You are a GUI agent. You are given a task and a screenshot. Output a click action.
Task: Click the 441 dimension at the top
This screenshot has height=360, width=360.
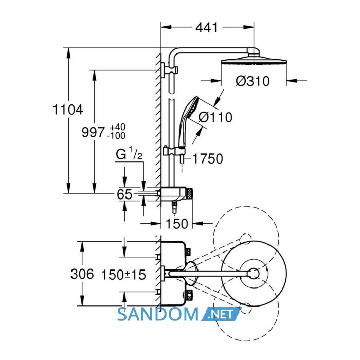[206, 28]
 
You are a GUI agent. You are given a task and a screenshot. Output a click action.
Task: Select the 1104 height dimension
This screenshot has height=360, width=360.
[68, 110]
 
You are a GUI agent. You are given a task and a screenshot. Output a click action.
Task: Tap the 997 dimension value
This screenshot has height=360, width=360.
[93, 132]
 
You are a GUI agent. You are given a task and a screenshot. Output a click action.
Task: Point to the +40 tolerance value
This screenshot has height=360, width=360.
[118, 127]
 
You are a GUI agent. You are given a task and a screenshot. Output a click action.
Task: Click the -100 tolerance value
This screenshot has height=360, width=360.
[116, 136]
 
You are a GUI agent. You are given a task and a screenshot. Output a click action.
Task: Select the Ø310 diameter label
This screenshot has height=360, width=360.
[253, 81]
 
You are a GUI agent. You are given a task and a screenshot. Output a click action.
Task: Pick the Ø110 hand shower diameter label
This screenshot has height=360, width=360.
[215, 117]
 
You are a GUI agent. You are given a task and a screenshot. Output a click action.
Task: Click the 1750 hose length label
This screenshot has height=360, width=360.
[208, 158]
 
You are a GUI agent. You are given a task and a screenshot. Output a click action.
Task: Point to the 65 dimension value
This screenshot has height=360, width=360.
[124, 194]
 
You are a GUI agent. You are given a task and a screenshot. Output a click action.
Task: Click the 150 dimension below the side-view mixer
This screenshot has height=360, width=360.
[177, 223]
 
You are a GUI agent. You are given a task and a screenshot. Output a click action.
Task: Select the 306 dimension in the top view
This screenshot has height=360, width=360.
[82, 274]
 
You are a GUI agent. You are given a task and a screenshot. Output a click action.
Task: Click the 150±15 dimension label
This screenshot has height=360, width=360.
[123, 274]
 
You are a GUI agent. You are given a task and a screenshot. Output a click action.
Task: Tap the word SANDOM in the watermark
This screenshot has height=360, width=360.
[158, 314]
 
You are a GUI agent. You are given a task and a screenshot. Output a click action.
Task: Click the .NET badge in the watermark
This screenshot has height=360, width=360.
[221, 314]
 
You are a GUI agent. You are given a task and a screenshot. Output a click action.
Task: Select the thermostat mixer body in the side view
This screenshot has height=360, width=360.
[176, 193]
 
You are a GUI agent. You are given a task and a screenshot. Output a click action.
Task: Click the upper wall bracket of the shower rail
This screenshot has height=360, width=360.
[169, 69]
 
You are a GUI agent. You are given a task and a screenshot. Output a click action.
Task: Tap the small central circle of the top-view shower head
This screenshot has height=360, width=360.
[254, 274]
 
